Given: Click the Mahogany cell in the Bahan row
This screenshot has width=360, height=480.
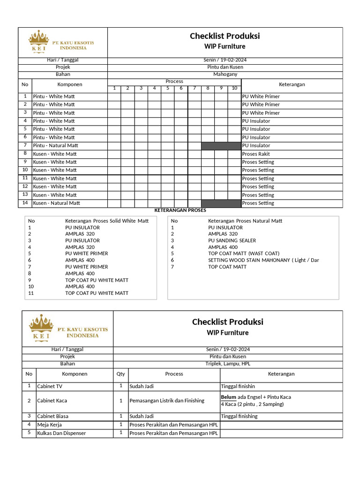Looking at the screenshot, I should tap(225, 74).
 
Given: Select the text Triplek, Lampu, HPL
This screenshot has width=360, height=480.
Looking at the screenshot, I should tap(227, 364).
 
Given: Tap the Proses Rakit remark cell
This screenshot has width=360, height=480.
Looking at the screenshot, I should tap(256, 154).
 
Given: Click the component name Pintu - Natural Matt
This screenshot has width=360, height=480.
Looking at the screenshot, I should tap(55, 145).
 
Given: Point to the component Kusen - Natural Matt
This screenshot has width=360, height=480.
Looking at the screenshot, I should tap(56, 203).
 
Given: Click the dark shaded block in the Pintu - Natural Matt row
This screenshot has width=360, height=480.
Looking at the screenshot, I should tap(221, 146).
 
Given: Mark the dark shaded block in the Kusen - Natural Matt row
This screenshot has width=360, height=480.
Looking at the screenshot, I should tap(221, 203).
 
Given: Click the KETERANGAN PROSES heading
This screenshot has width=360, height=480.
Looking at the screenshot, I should tap(180, 210).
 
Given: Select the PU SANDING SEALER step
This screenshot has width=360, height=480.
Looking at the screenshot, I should tap(232, 240).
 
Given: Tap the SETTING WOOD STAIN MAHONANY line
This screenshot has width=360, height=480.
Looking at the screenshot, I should tap(263, 260).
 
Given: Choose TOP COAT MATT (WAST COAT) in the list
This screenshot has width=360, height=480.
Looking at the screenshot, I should tap(240, 254).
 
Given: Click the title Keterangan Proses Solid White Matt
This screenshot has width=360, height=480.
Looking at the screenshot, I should tap(107, 221).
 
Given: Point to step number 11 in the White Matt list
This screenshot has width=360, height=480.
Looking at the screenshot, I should tap(31, 293).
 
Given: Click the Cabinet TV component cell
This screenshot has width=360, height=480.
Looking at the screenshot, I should tap(49, 386).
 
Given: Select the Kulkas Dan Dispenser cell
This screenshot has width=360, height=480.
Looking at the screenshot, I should tap(61, 433).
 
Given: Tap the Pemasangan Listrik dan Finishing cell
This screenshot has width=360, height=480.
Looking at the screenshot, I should tap(167, 401).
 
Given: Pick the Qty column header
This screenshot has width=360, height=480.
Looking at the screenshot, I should tap(120, 374).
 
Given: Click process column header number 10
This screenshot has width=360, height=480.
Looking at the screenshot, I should tap(234, 88).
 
